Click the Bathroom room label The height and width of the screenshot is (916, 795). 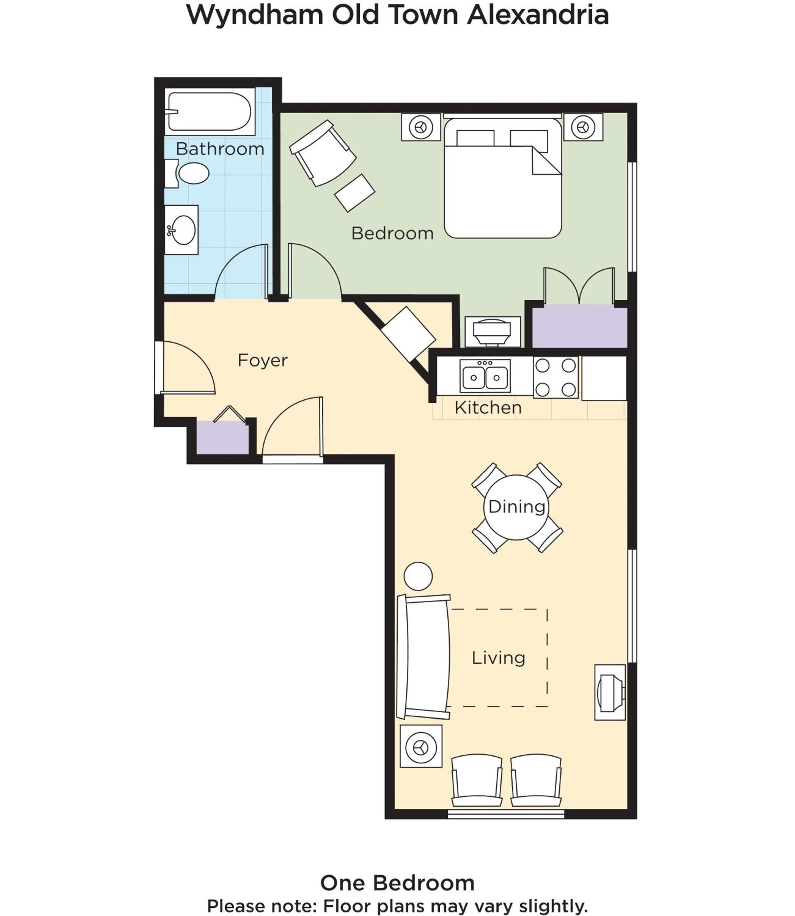220,149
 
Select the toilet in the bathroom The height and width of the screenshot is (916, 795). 193,173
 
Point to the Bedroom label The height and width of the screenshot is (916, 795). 392,234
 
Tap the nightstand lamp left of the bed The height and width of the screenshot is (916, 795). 421,128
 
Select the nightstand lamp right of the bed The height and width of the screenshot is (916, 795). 583,128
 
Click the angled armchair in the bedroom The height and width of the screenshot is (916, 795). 323,153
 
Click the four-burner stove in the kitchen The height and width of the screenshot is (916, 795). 555,378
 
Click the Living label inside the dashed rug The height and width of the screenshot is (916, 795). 498,657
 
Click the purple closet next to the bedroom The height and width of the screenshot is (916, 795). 579,328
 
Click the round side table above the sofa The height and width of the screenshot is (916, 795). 418,576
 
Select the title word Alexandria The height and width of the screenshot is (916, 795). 538,15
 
